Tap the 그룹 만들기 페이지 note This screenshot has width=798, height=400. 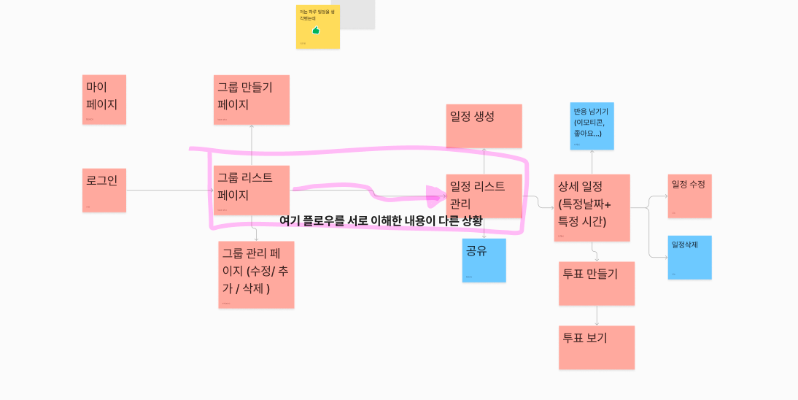[252, 99]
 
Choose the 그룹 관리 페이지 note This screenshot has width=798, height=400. [257, 274]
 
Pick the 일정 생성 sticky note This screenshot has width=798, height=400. [484, 126]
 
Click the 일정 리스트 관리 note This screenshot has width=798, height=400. [484, 196]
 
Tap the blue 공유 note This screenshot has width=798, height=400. [484, 260]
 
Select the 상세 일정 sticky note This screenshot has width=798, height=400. [592, 207]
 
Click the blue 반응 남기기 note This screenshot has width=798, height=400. [592, 126]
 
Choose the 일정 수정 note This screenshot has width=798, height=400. [689, 196]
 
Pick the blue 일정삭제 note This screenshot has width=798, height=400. [689, 257]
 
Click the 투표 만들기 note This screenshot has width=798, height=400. [597, 283]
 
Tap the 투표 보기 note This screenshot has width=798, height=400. [597, 347]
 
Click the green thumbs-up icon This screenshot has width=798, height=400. [317, 30]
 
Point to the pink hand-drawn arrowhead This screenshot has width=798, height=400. [436, 195]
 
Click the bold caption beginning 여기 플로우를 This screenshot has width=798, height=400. [381, 220]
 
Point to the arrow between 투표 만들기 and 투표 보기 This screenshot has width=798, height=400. [597, 315]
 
